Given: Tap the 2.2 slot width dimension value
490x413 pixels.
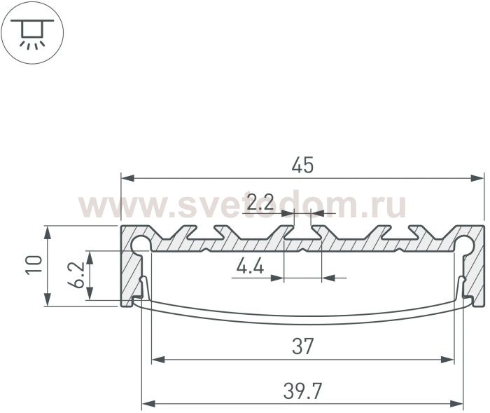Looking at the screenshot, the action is (260, 202).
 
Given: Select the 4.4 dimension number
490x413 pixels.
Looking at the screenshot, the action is (250, 266).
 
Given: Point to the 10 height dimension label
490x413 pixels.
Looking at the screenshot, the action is (34, 265).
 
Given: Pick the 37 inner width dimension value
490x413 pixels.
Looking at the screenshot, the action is (302, 346).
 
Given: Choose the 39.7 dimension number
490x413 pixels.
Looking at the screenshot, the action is (302, 391).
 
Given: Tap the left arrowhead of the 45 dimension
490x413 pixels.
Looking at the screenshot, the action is (128, 179).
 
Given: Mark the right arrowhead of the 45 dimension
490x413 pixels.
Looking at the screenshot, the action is (477, 179).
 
